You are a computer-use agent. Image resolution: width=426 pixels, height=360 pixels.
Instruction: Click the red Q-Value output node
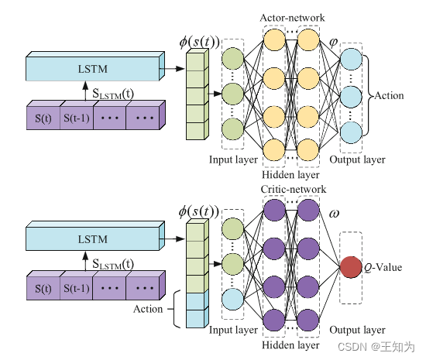(x=351, y=267)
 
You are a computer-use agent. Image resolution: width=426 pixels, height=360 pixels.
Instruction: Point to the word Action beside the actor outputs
(x=390, y=95)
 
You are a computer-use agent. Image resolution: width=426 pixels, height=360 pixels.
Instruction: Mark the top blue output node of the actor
(x=352, y=60)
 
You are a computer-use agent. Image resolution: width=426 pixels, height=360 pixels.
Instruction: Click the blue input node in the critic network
(x=232, y=297)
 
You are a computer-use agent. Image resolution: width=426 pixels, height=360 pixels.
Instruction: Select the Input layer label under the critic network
(x=233, y=331)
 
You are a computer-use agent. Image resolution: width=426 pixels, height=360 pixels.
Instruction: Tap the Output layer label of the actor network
(x=357, y=159)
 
